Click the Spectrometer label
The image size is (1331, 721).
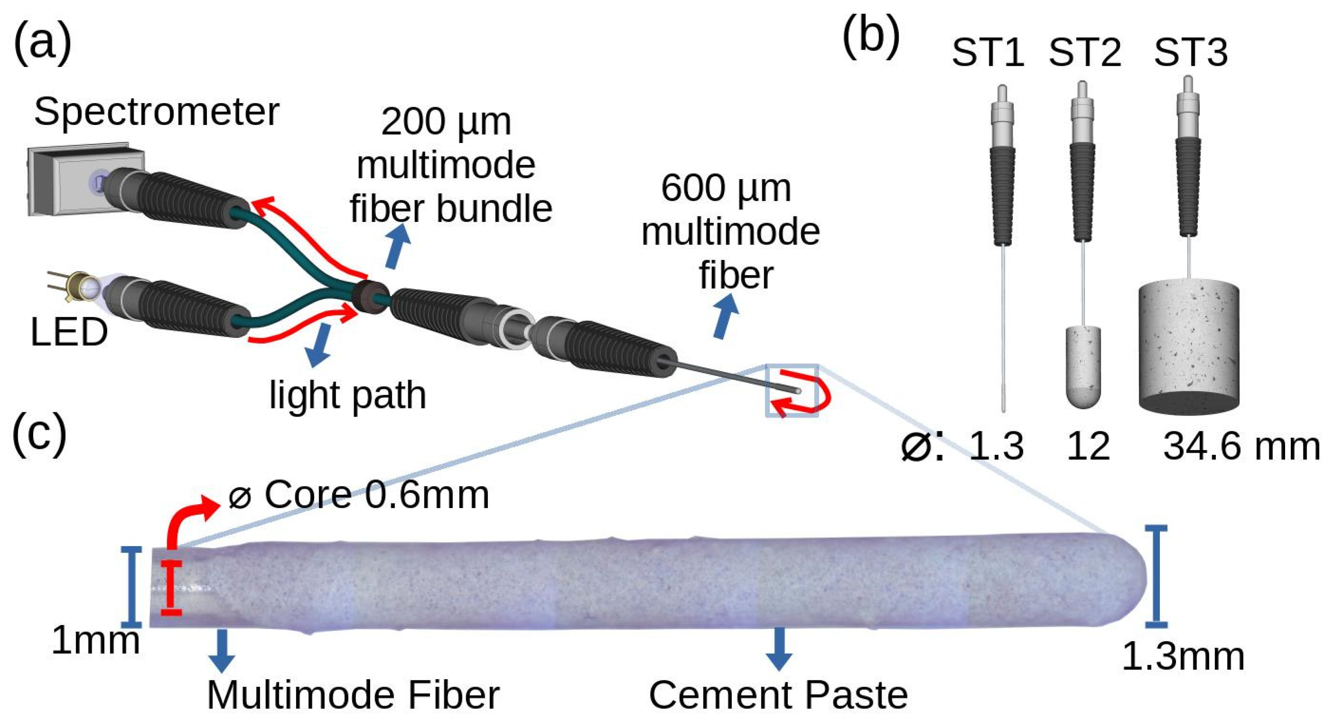pyautogui.click(x=156, y=112)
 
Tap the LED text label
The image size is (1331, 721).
pyautogui.click(x=69, y=332)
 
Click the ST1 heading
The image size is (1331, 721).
pyautogui.click(x=988, y=53)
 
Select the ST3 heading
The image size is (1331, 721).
pyautogui.click(x=1190, y=53)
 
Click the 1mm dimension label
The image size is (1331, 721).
pyautogui.click(x=96, y=641)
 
